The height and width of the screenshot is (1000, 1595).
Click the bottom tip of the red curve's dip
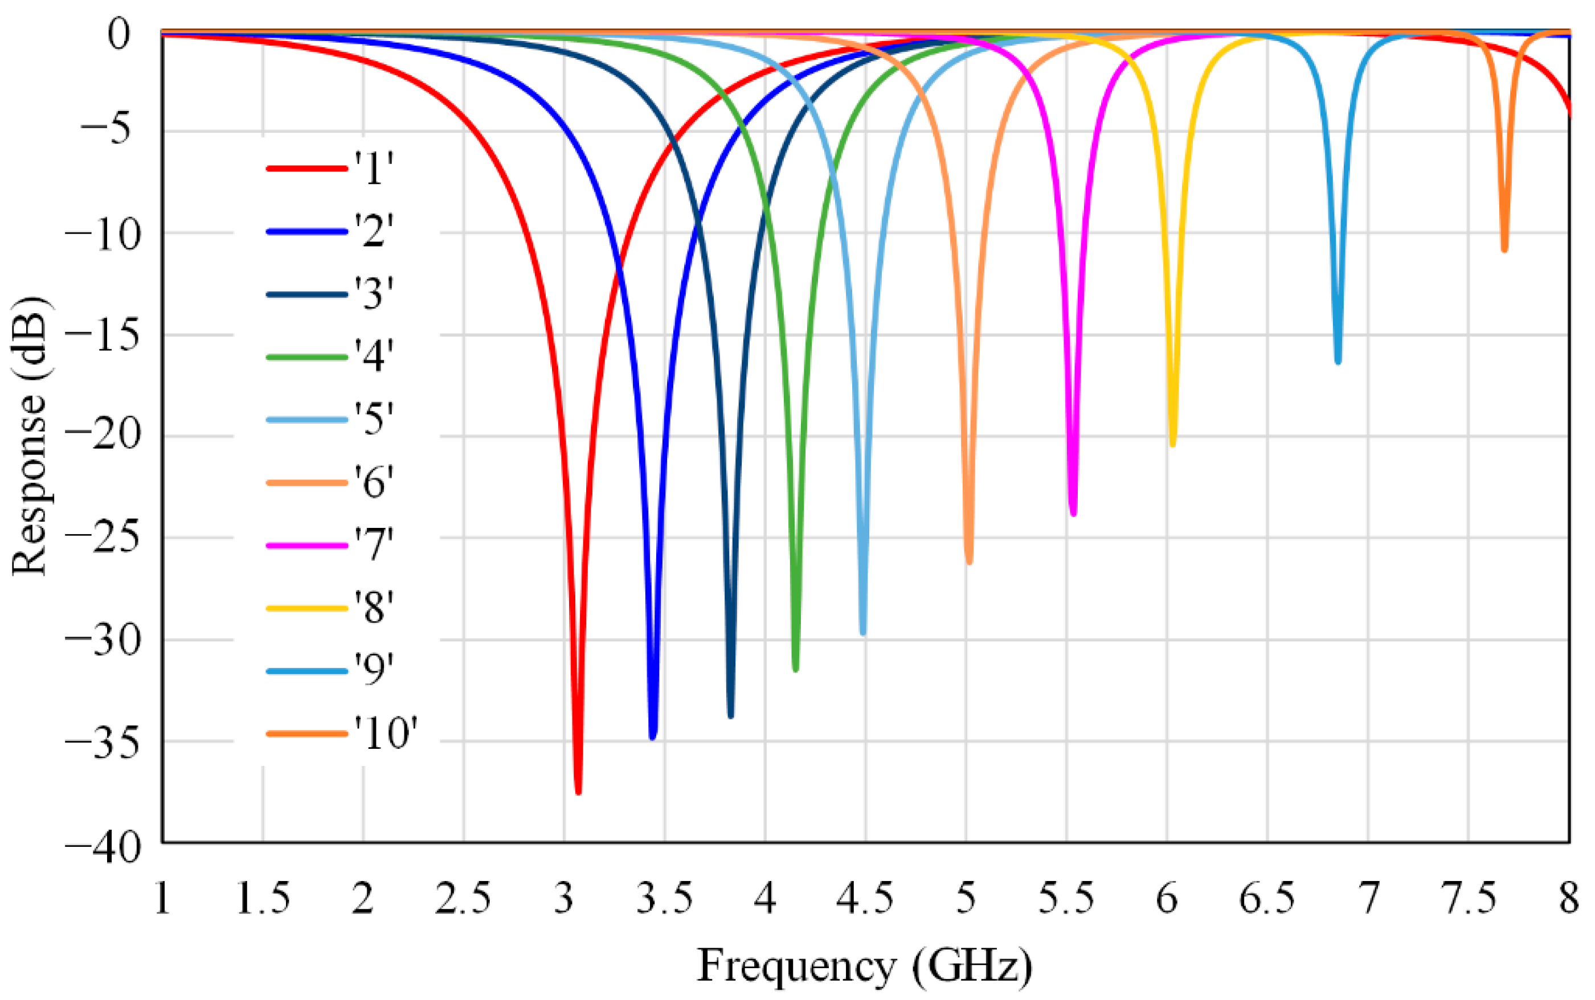(578, 790)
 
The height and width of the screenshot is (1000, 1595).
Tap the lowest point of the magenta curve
(1073, 513)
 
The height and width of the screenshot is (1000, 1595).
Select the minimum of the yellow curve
(1172, 444)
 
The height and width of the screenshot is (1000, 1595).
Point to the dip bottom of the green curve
(795, 669)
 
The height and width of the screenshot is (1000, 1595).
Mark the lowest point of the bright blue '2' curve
(653, 736)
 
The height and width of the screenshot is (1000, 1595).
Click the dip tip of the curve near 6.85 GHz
(1338, 361)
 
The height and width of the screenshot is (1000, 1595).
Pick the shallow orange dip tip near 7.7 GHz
(1504, 249)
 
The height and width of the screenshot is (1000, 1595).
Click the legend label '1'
(374, 168)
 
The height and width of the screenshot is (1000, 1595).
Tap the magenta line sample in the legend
(306, 546)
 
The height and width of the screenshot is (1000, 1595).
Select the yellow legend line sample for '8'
(306, 608)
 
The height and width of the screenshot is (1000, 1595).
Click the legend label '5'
(374, 419)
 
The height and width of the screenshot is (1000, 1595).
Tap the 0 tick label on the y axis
(119, 33)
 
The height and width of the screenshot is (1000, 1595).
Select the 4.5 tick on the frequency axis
(865, 899)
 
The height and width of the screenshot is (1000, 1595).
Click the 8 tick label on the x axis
(1569, 899)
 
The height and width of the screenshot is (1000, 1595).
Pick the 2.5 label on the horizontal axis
(463, 899)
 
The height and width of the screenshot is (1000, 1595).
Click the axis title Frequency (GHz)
(864, 966)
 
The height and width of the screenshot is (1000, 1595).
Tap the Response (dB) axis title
(30, 437)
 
